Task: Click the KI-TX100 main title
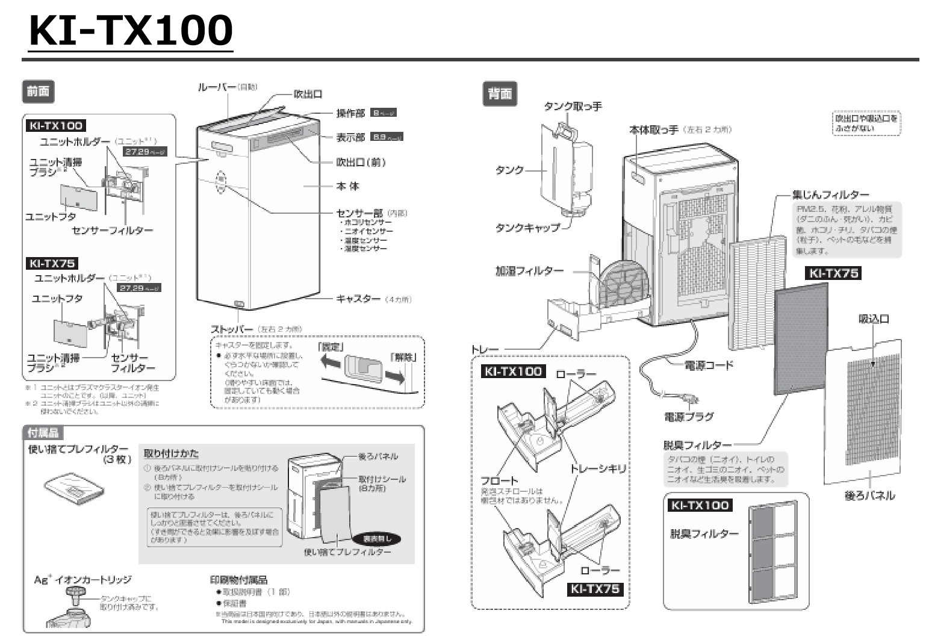point(131,30)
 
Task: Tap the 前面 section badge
point(38,92)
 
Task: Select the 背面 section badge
point(500,94)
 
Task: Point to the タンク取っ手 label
point(573,107)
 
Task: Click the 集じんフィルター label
point(830,195)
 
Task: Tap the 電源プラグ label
point(689,417)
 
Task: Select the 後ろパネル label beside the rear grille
point(869,496)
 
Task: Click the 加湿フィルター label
point(529,271)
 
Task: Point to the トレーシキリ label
point(598,468)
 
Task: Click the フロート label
point(499,480)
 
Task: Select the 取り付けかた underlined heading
point(171,453)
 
